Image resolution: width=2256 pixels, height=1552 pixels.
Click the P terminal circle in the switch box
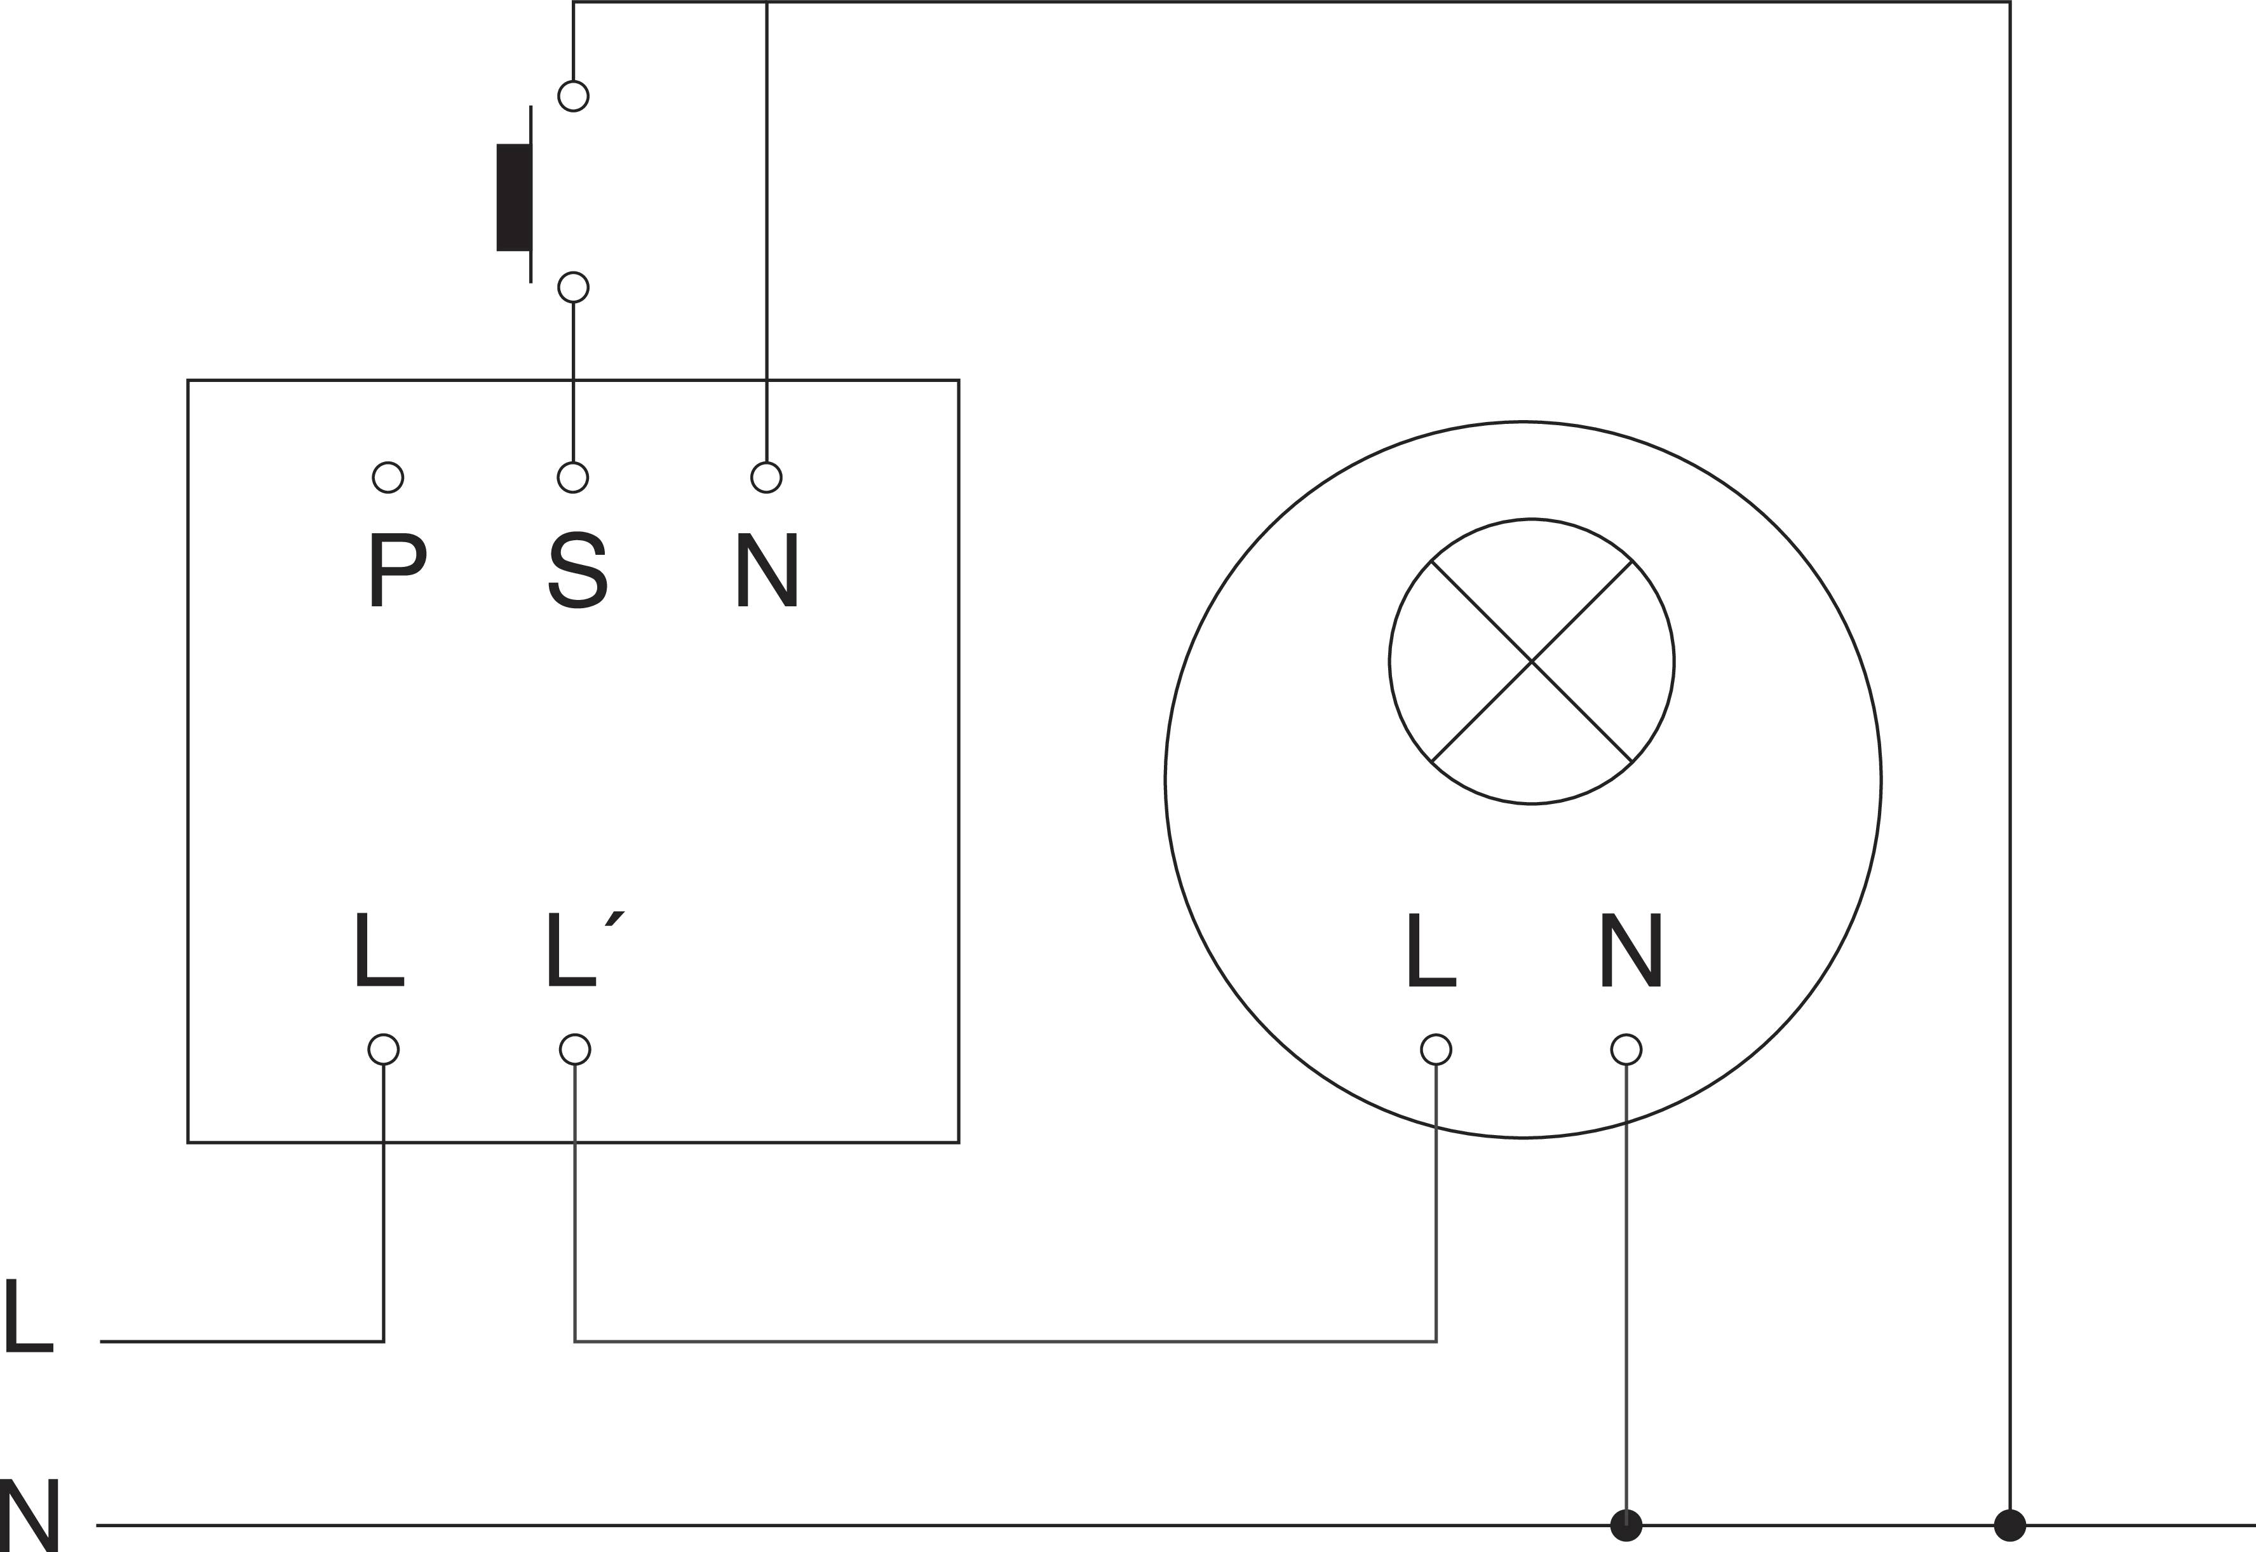tap(388, 477)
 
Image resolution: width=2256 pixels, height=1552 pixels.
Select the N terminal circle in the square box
tap(767, 477)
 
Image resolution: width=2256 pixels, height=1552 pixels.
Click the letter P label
tap(396, 571)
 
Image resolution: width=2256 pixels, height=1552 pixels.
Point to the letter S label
tap(578, 571)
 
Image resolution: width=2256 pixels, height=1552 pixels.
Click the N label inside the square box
tap(767, 571)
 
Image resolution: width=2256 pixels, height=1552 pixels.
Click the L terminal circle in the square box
tap(384, 1049)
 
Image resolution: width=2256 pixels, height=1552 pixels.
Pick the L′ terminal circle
tap(576, 1049)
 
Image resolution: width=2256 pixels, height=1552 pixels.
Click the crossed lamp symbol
tap(1531, 661)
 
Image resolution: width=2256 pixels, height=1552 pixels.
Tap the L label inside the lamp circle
tap(1430, 951)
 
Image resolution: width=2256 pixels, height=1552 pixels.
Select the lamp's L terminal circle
tap(1436, 1049)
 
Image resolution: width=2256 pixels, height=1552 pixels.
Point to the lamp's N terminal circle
tap(1626, 1049)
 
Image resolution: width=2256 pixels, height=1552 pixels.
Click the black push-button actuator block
tap(513, 198)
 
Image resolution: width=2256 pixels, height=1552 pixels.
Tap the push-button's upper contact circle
tap(574, 96)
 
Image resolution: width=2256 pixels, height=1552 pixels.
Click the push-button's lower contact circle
tap(574, 288)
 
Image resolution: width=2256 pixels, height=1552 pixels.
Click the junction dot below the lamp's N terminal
tap(1626, 1525)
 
